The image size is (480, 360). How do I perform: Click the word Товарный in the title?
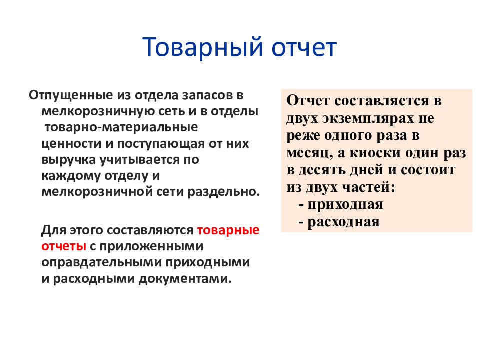point(202,48)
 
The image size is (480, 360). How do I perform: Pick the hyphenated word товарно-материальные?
point(121,127)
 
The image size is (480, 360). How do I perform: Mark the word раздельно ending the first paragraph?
point(224,192)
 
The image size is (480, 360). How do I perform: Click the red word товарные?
point(228,230)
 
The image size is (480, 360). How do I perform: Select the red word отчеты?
point(64,246)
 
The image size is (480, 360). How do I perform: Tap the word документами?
point(185,279)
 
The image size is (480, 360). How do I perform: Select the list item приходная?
point(345,205)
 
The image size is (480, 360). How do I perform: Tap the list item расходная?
point(343,222)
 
